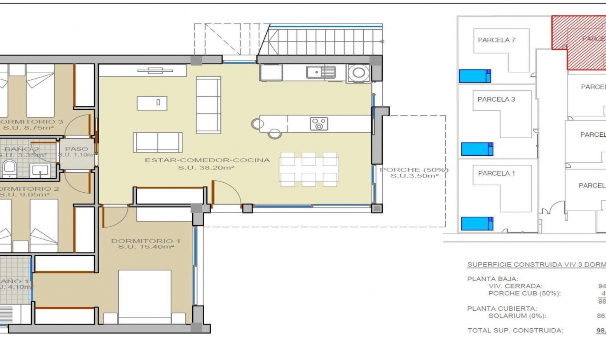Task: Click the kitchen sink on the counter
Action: [321, 72]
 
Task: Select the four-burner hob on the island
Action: [319, 124]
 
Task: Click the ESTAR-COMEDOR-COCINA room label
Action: [207, 160]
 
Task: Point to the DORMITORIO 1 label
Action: [146, 241]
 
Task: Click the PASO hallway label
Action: [76, 149]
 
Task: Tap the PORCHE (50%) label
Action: [414, 170]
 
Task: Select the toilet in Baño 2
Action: [9, 169]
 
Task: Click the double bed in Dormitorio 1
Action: [145, 294]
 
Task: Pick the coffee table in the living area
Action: [152, 103]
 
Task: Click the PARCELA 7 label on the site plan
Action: [496, 40]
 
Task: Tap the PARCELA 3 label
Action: [496, 99]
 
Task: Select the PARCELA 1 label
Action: [496, 173]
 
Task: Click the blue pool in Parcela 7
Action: [475, 76]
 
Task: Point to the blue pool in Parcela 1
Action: [477, 223]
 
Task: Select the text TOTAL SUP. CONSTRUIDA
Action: [515, 330]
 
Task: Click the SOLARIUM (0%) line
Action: [517, 316]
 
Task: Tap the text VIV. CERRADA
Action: [515, 286]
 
